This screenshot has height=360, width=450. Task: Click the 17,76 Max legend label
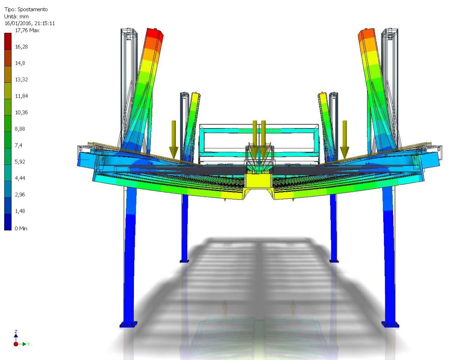point(27,31)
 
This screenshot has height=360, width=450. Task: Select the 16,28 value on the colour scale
point(21,47)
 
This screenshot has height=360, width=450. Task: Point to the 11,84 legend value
point(21,96)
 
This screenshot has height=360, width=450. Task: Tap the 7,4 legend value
point(19,145)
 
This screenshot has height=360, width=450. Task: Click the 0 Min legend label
point(21,228)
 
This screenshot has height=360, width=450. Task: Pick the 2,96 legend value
point(20,195)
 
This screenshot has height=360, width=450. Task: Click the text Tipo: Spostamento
point(26,9)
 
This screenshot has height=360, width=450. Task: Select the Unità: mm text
point(17,17)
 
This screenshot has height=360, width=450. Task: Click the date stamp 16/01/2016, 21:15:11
point(30,24)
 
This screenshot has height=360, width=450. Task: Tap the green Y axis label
point(28,344)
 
